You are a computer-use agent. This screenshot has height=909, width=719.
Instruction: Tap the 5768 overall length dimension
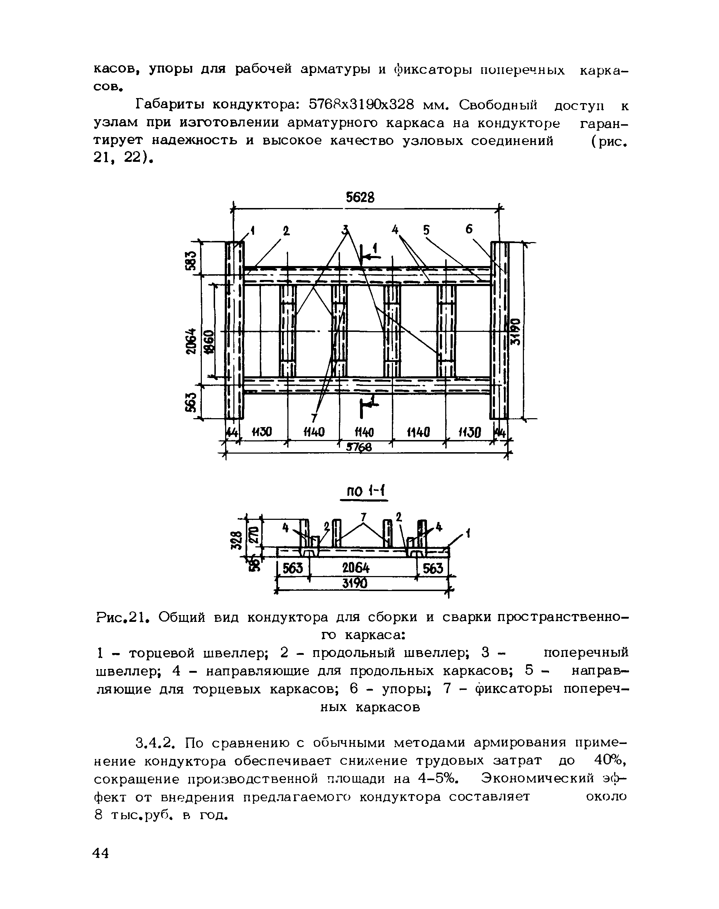359,448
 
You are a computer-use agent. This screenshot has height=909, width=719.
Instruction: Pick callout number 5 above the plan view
427,230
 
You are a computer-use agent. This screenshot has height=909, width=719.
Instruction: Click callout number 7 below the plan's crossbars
314,418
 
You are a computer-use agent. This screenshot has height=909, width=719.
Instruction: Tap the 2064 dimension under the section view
356,569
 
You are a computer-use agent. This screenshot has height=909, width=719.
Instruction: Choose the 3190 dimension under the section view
355,583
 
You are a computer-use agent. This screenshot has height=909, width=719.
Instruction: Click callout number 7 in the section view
363,516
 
